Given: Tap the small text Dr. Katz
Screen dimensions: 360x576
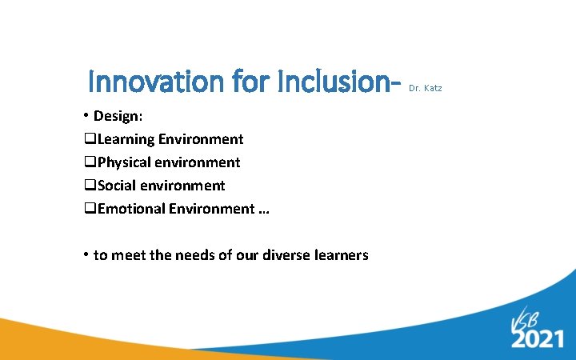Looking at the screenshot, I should point(425,87).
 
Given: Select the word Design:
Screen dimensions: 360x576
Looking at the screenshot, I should point(118,116).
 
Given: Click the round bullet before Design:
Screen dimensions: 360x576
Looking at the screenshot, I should point(86,115).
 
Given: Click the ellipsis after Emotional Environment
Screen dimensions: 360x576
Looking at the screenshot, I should point(264,210).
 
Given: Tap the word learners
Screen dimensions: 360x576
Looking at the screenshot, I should point(342,255).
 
